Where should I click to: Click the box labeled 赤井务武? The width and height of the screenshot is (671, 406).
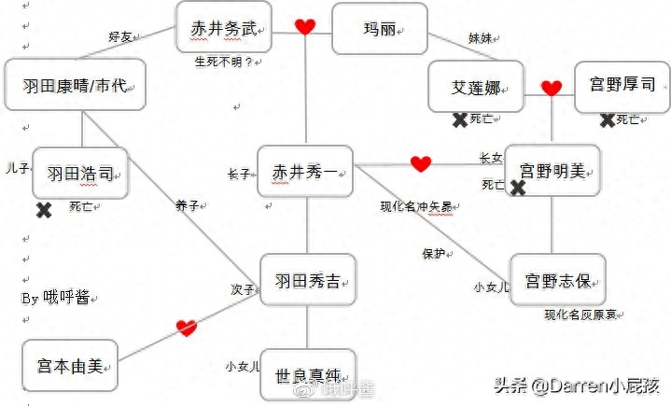tap(224, 27)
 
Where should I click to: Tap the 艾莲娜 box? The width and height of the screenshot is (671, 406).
tap(476, 87)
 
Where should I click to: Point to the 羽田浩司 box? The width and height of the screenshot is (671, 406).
tap(80, 173)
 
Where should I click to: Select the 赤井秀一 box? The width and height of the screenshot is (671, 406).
tap(305, 173)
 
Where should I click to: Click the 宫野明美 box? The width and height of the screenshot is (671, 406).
tap(552, 171)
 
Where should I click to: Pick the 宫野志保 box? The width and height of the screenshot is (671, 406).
tap(557, 279)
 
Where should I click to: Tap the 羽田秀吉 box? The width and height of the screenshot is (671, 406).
tap(307, 279)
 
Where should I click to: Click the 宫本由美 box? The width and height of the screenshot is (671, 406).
tap(69, 366)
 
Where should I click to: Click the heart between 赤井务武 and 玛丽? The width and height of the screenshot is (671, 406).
tap(305, 26)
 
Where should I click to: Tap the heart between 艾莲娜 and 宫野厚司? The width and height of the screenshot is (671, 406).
tap(552, 89)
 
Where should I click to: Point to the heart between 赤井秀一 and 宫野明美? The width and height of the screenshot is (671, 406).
tap(421, 164)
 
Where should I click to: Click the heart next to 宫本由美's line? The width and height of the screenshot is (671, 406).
tap(187, 328)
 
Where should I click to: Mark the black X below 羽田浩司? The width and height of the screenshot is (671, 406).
tap(43, 210)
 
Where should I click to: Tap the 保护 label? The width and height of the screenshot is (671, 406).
tap(433, 253)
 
